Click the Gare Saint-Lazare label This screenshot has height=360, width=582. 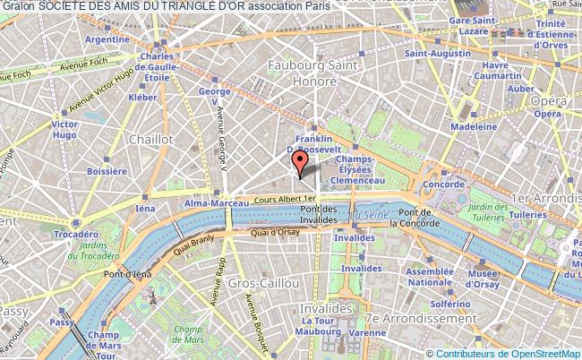(474, 25)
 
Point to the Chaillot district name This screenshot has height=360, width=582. (150, 139)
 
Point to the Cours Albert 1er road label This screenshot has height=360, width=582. (285, 199)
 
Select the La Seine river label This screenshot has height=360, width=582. (368, 215)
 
